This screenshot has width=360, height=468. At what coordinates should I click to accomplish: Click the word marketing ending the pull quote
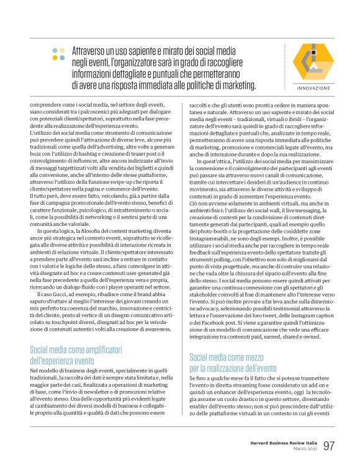point(202,84)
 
